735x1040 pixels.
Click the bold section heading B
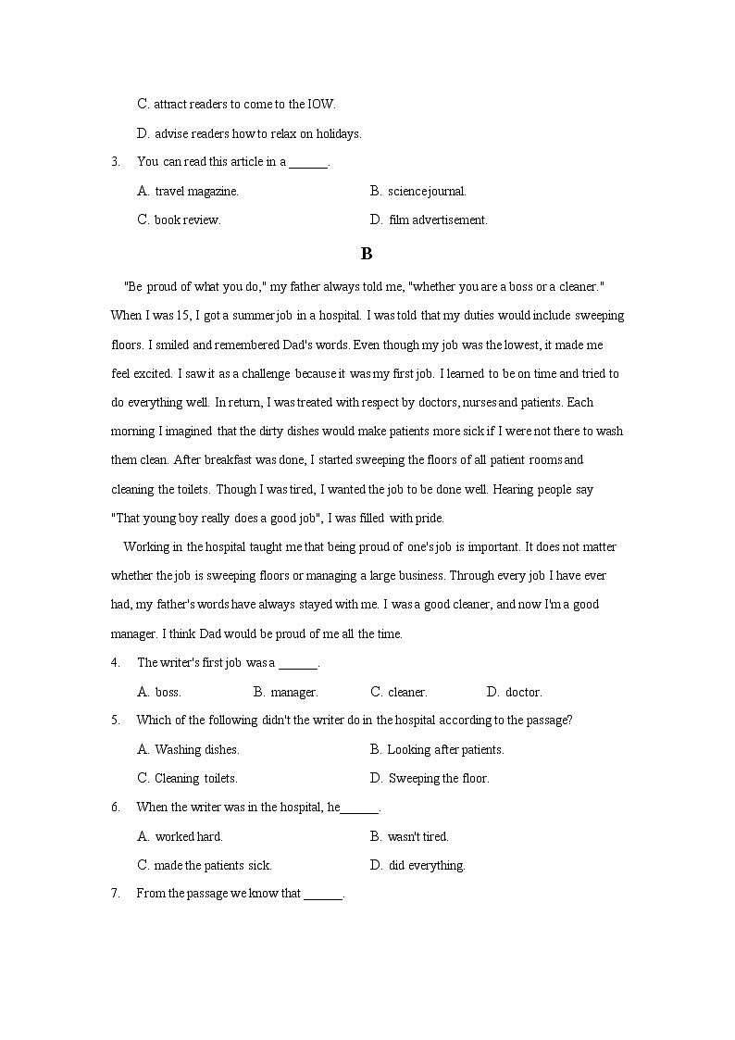point(367,254)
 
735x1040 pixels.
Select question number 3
point(115,162)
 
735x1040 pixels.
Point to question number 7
point(115,895)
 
